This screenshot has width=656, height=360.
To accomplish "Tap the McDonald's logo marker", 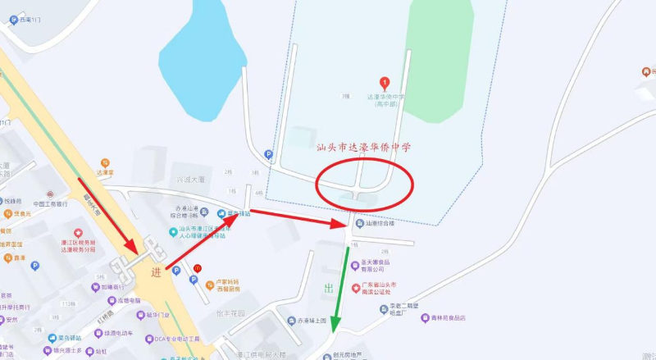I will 198,267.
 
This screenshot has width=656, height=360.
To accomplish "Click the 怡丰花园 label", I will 233,313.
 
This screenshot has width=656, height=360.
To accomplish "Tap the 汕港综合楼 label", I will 380,223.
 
